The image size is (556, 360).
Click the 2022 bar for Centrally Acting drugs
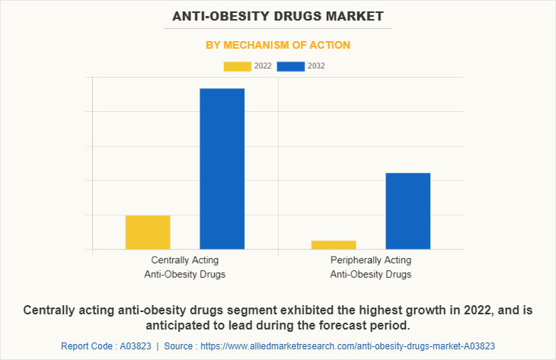tap(147, 232)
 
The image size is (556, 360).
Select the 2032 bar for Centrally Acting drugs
tap(222, 168)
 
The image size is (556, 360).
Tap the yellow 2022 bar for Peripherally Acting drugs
tap(333, 244)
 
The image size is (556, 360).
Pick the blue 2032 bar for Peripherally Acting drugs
tap(407, 211)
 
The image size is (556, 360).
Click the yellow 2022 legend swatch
tap(237, 66)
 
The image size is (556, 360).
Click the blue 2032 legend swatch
tap(291, 66)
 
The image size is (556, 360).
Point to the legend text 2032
tap(317, 66)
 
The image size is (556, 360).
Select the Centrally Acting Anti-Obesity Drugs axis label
tap(184, 267)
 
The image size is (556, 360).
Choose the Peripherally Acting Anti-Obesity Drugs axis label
tap(370, 267)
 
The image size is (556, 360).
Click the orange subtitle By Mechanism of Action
tap(278, 45)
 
